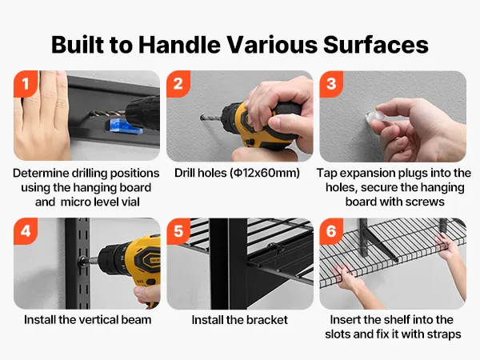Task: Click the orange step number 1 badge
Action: pos(26,83)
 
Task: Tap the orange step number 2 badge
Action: pos(178,83)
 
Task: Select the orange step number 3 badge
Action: pos(331,83)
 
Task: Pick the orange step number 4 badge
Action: pos(26,231)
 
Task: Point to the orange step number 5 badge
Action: pos(178,231)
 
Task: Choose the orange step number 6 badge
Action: pos(331,231)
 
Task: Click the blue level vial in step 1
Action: pos(123,126)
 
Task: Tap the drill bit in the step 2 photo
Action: pos(210,118)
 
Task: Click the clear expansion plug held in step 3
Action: pos(374,117)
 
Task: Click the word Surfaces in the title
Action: pos(376,45)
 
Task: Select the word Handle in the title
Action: pos(179,45)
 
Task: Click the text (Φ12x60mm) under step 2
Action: pos(265,173)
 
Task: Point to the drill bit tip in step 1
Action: pos(91,114)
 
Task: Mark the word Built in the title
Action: pos(78,45)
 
